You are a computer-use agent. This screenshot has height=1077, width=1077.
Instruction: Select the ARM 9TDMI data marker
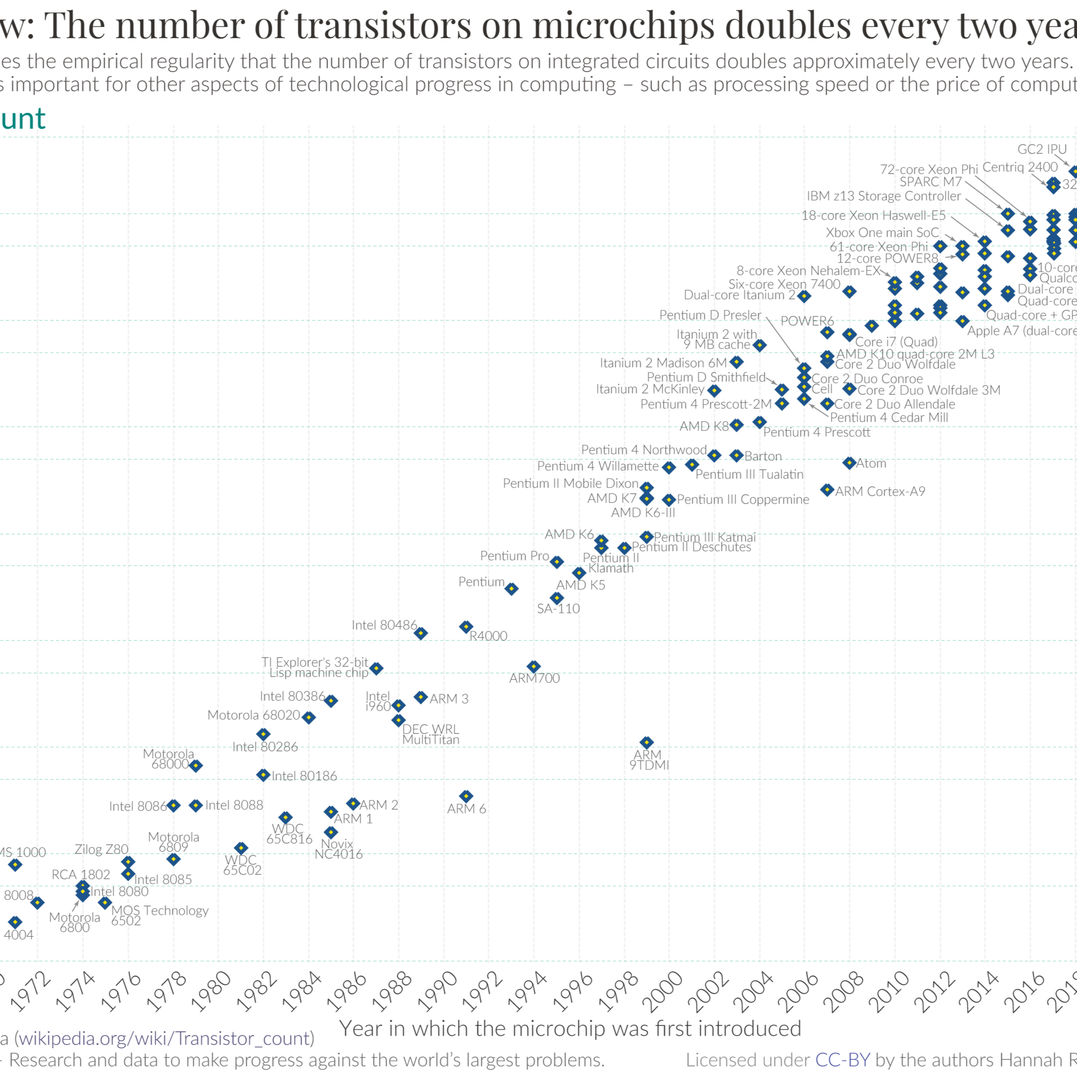click(646, 742)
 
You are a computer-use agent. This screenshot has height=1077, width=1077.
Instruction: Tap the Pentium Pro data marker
click(556, 562)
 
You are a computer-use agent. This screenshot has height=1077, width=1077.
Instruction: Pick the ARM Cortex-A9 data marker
click(827, 490)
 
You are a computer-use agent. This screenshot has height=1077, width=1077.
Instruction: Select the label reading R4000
click(488, 636)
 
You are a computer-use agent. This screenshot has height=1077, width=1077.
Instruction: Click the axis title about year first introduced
click(570, 1029)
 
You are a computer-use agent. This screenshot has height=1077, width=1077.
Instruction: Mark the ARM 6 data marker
click(466, 796)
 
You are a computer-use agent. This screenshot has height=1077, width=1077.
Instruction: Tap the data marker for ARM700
click(533, 667)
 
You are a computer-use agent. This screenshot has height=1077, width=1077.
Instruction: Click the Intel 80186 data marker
click(263, 775)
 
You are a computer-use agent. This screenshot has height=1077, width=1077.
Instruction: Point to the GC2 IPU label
click(1042, 149)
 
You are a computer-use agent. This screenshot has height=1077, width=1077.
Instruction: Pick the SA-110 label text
click(558, 609)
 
